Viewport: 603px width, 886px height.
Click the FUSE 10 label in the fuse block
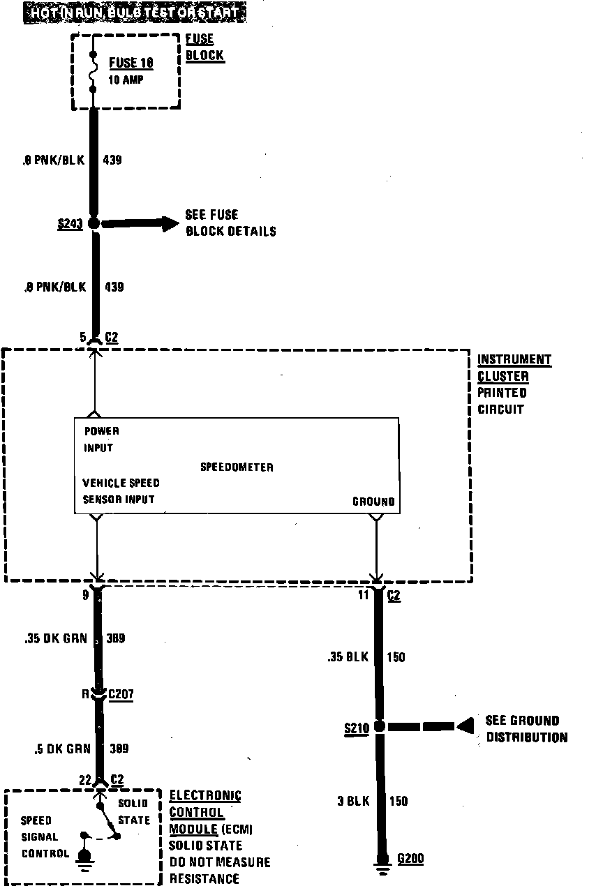(131, 63)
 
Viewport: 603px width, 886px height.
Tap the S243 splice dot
(94, 223)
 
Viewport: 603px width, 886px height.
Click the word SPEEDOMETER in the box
(237, 467)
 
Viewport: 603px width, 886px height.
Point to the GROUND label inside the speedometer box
(373, 502)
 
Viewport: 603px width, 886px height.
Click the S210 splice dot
(380, 726)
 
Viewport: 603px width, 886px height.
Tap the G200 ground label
(410, 859)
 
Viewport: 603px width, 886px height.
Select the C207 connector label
(121, 695)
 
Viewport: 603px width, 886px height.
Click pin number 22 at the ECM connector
(85, 780)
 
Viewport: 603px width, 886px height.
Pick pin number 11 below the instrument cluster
(363, 596)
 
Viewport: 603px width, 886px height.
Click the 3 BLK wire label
(352, 801)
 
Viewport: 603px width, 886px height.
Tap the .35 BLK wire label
(346, 656)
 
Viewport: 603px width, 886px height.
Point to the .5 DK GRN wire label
(62, 749)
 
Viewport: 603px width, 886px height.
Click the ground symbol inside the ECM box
(84, 857)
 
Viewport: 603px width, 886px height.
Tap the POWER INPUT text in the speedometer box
(101, 440)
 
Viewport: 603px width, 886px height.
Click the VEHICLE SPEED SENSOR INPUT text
(120, 491)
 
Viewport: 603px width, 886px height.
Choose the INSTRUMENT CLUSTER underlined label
(514, 368)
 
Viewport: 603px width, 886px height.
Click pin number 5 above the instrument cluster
(83, 338)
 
